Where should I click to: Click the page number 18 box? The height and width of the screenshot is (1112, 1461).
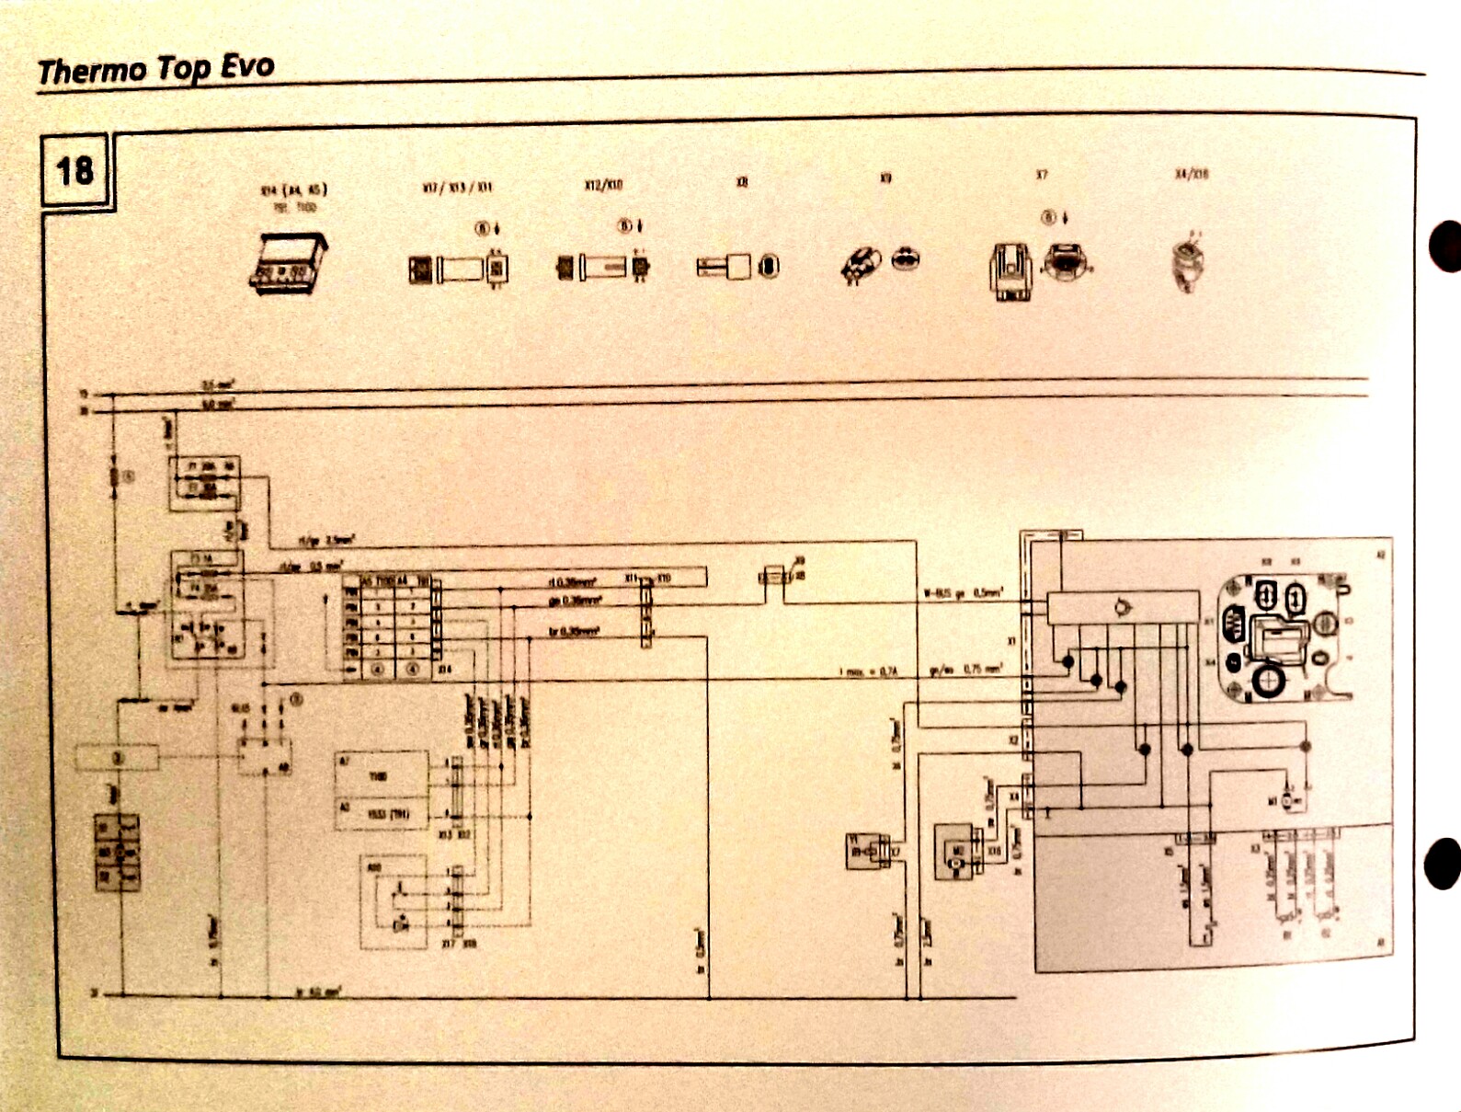tap(75, 171)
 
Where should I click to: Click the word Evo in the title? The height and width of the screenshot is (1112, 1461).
tap(247, 66)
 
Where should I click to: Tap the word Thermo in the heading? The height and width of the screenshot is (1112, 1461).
tap(92, 71)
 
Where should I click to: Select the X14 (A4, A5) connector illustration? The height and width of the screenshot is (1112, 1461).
tap(289, 262)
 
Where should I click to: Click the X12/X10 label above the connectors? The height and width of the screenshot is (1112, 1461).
tap(603, 185)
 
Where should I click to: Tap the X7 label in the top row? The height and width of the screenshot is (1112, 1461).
tap(1042, 175)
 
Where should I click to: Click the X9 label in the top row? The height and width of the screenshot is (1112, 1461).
tap(885, 177)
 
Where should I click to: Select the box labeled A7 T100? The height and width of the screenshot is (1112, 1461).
tap(381, 773)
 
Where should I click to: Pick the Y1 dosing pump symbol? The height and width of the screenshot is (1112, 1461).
tap(865, 852)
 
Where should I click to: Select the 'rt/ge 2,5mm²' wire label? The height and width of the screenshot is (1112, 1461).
tap(325, 541)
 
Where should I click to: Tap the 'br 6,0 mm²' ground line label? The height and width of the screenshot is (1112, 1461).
tap(318, 992)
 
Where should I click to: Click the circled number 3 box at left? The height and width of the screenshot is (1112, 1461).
tap(117, 758)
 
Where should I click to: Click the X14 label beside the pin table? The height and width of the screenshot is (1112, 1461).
tap(445, 670)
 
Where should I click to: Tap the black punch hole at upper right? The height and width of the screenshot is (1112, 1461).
tap(1446, 246)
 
